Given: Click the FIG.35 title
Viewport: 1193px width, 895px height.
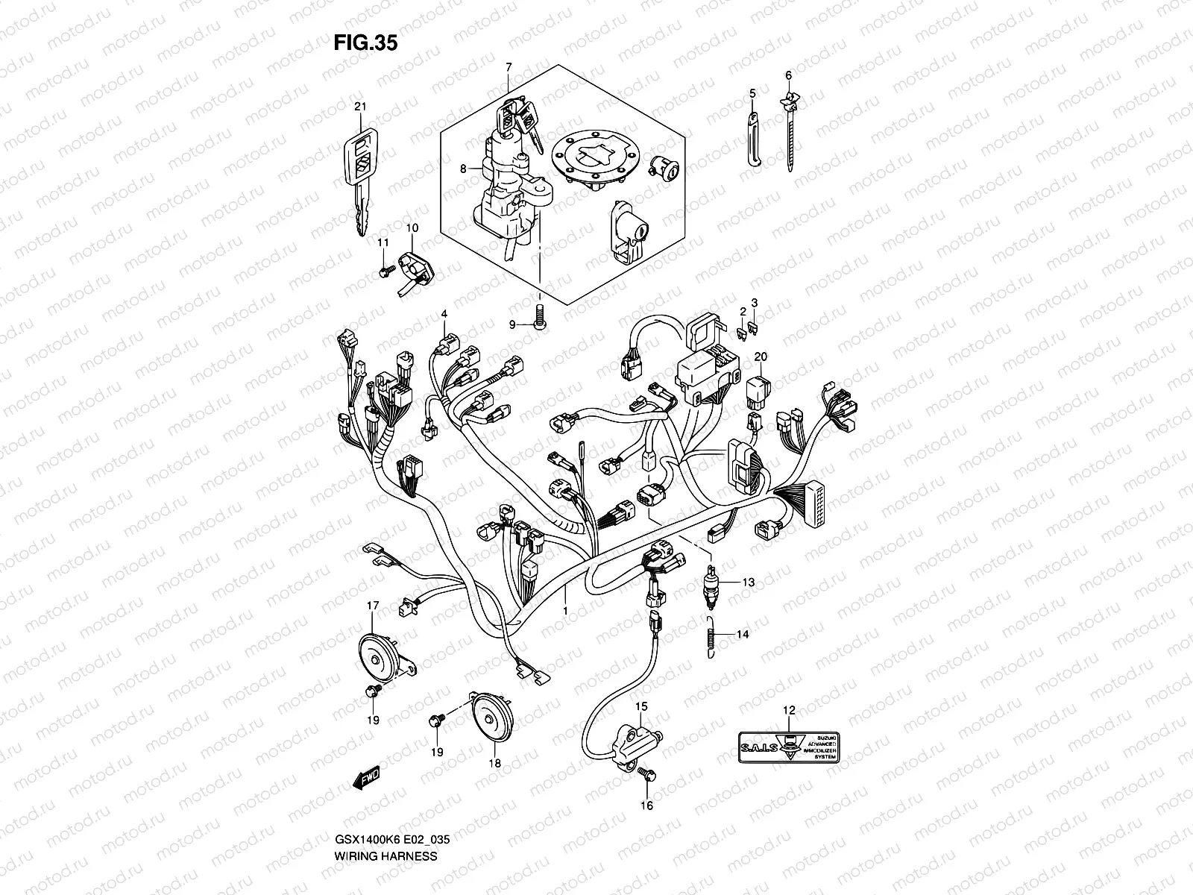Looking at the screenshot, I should [x=365, y=43].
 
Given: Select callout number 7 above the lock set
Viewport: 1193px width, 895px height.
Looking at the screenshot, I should [x=509, y=67].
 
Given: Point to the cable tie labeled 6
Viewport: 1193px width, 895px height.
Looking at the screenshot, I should [x=788, y=134].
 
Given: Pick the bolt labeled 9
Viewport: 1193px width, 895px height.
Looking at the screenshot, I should [x=539, y=323].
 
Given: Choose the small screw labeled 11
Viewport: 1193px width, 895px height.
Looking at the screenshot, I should [x=383, y=271].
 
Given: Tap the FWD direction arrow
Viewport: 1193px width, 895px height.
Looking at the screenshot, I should [x=367, y=779].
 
